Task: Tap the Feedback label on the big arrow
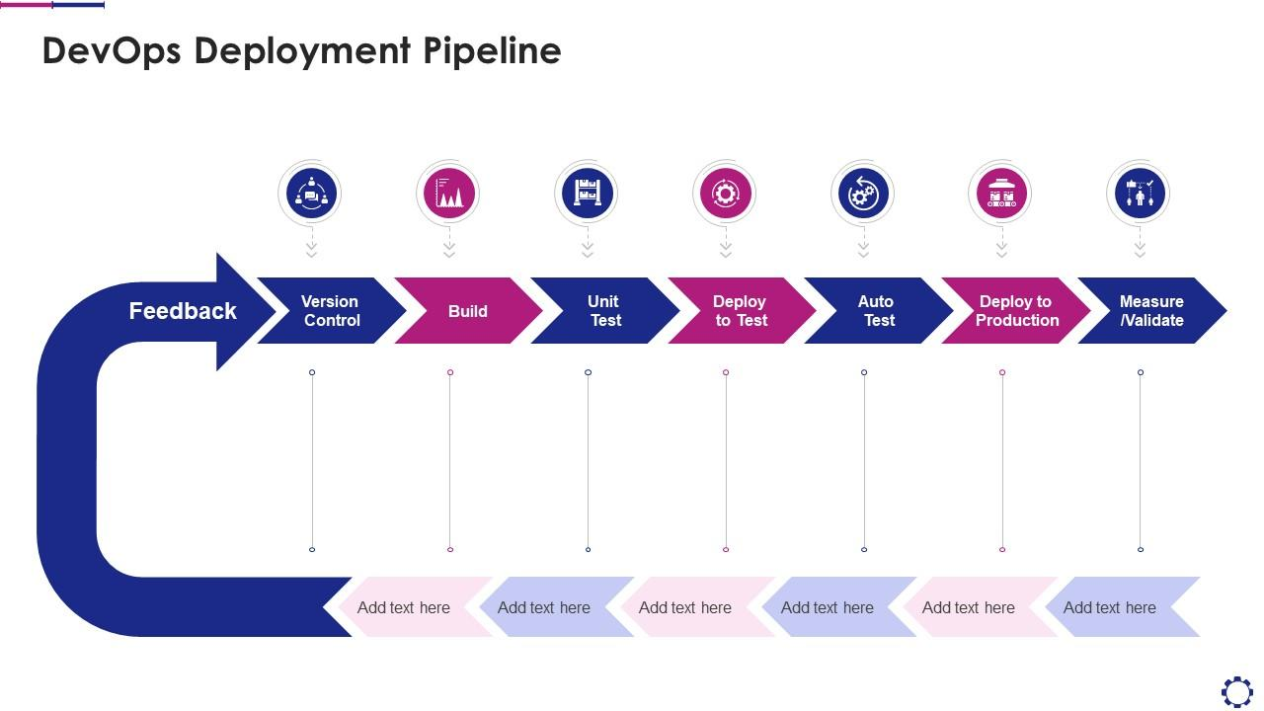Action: pos(183,311)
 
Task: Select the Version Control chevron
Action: pos(331,311)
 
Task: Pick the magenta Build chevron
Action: pos(468,311)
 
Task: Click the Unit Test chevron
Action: pos(604,311)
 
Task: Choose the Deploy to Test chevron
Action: pos(741,311)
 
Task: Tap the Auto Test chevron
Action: pos(877,311)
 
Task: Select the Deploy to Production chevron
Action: pos(1016,311)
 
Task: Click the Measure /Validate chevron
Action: pos(1151,311)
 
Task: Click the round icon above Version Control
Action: pos(311,193)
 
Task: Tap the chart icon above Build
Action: pos(449,193)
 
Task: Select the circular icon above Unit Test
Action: pos(588,193)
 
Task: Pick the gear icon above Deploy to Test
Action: pos(726,193)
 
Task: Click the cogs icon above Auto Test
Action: pos(864,193)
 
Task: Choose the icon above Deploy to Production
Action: pos(1002,193)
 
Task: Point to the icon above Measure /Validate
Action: pos(1141,193)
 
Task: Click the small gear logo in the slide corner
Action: pos(1237,691)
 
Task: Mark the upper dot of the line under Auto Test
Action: pos(864,372)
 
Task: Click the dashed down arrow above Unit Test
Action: pos(588,247)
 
